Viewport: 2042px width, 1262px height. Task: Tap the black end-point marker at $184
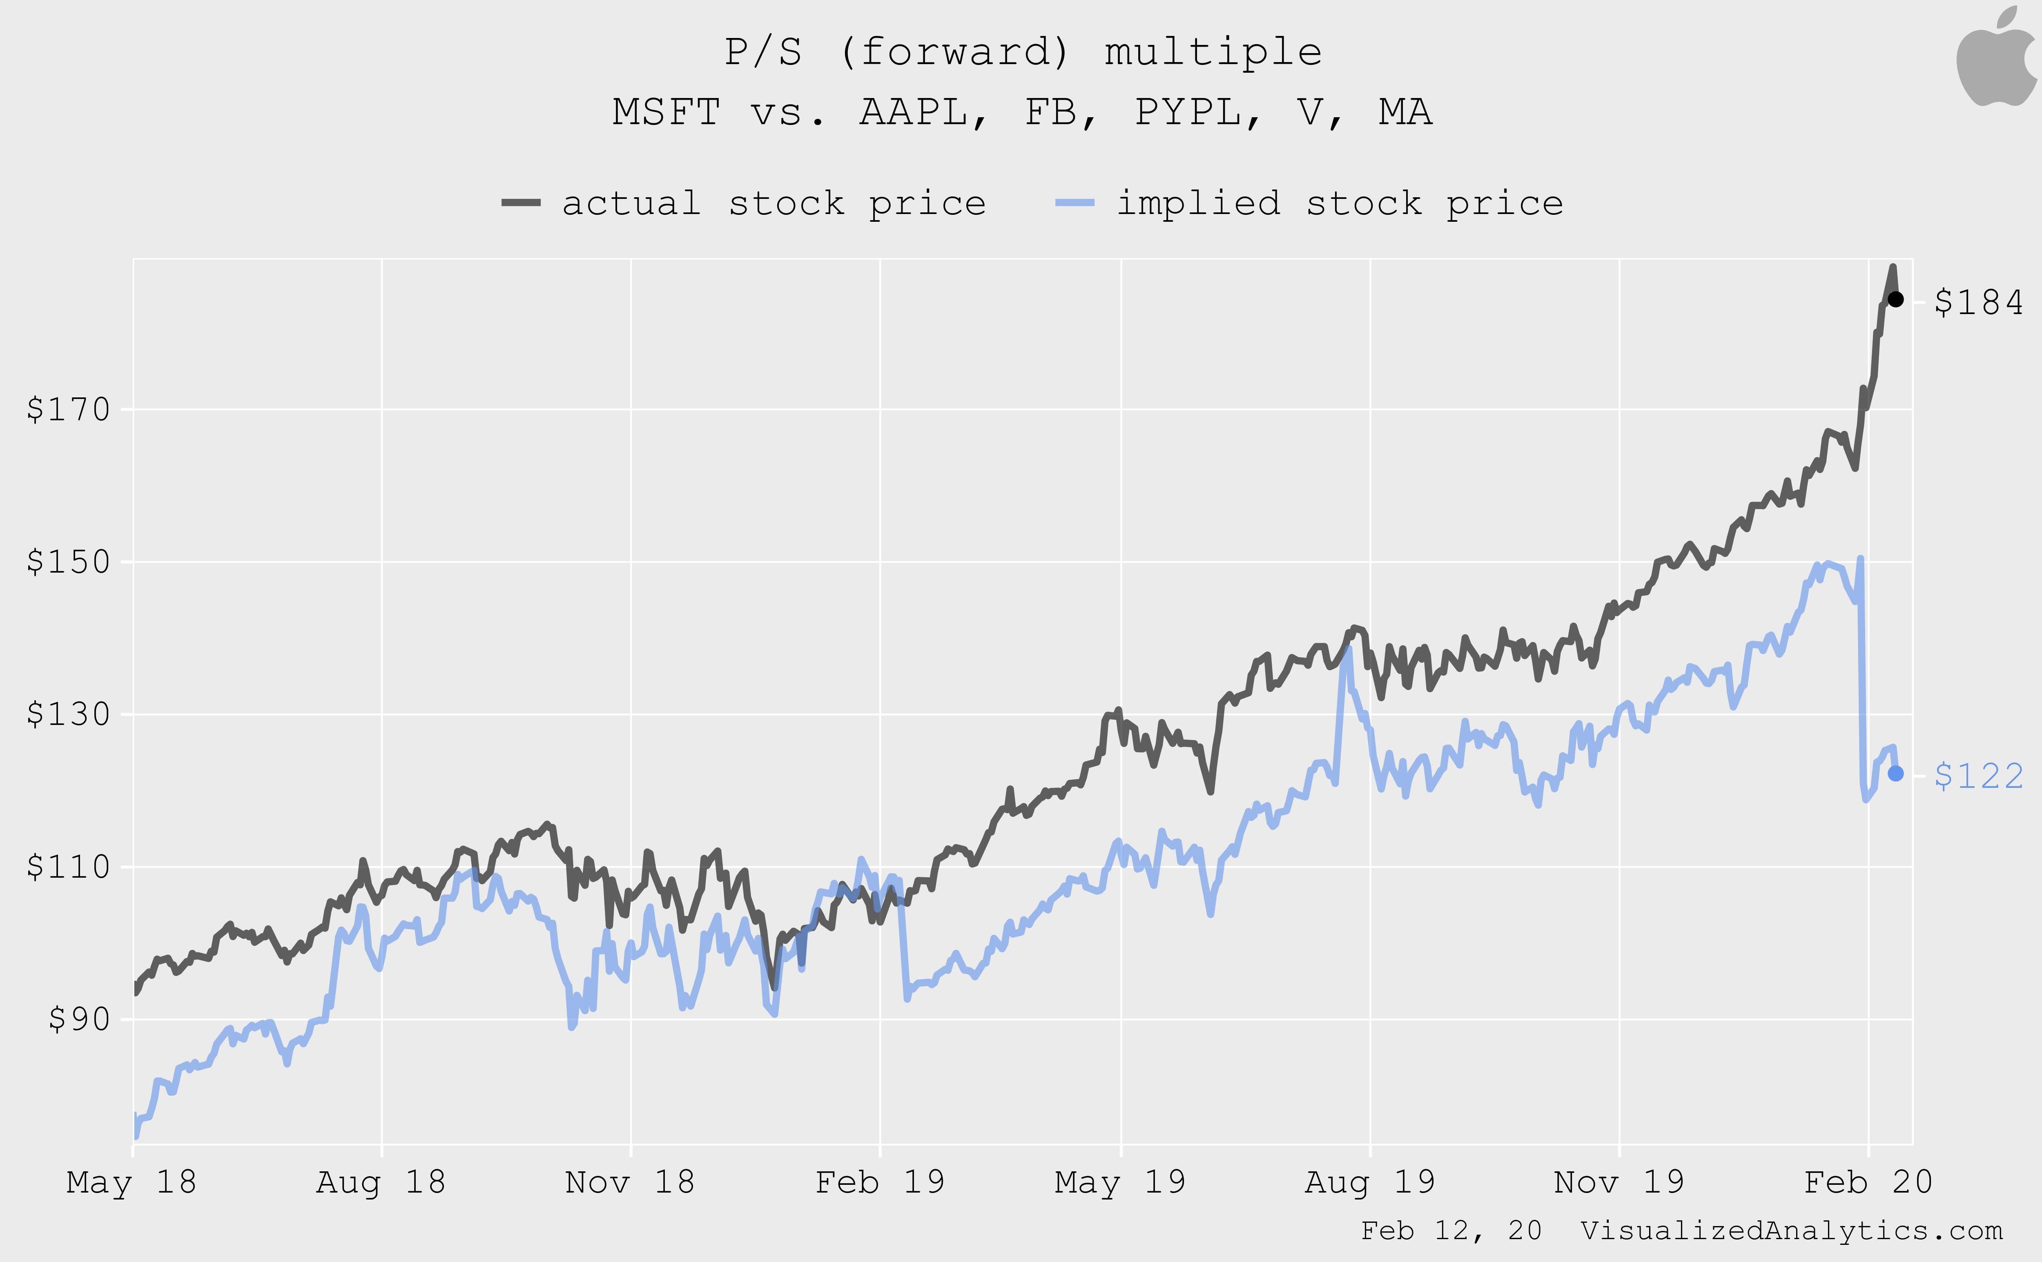(x=1895, y=299)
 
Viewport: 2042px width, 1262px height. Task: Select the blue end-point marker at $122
(x=1895, y=774)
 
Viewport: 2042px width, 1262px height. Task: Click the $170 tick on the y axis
(x=69, y=409)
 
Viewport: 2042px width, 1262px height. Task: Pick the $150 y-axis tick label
(x=69, y=562)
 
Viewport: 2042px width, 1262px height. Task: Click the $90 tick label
(x=79, y=1019)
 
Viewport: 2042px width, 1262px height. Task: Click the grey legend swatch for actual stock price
(x=521, y=203)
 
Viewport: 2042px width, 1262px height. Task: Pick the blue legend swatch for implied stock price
(x=1075, y=203)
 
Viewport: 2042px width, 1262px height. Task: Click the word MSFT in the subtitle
(x=666, y=112)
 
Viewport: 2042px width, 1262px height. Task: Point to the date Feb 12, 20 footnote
(x=1451, y=1230)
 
